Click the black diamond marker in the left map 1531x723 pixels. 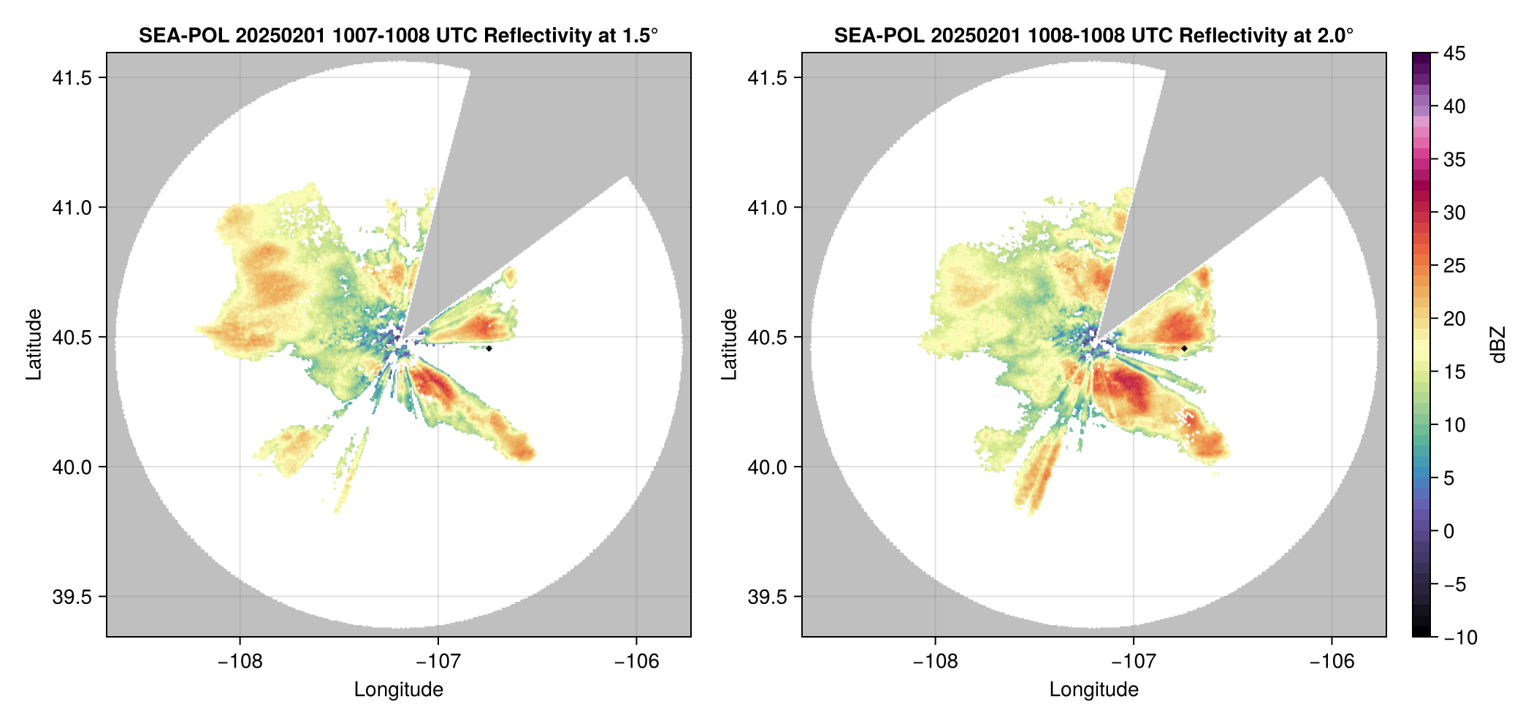pyautogui.click(x=489, y=348)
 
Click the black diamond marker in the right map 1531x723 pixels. pyautogui.click(x=1184, y=348)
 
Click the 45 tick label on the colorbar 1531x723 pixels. pyautogui.click(x=1454, y=53)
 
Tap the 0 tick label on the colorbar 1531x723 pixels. pyautogui.click(x=1448, y=531)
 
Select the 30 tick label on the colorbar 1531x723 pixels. pyautogui.click(x=1454, y=213)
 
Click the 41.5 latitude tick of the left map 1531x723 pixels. pyautogui.click(x=72, y=78)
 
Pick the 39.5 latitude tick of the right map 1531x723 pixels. pyautogui.click(x=767, y=597)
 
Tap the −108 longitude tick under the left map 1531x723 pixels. pyautogui.click(x=240, y=662)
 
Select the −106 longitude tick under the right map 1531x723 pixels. pyautogui.click(x=1332, y=662)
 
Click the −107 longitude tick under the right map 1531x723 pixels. pyautogui.click(x=1134, y=662)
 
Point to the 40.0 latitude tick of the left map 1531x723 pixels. pyautogui.click(x=72, y=467)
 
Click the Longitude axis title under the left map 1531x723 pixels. pyautogui.click(x=399, y=689)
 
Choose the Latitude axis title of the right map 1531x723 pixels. pyautogui.click(x=729, y=345)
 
